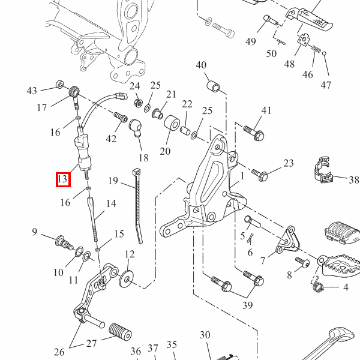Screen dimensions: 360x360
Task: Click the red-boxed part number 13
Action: [63, 179]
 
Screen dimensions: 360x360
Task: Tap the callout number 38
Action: [353, 179]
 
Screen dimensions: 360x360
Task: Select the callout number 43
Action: [32, 91]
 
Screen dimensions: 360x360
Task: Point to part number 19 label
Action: [113, 180]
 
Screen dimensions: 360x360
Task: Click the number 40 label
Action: [201, 65]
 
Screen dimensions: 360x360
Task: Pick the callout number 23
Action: [289, 163]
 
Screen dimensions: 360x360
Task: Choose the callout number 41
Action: [266, 110]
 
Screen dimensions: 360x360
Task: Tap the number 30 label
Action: [205, 335]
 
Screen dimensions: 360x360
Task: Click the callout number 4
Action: [345, 287]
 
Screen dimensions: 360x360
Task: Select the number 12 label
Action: [130, 254]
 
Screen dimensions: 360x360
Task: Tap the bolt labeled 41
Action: [253, 132]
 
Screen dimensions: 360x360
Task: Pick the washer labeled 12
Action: [127, 278]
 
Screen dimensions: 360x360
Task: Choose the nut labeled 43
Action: [59, 83]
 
